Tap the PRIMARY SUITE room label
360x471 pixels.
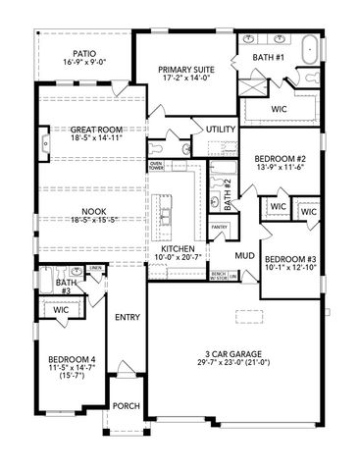[187, 70]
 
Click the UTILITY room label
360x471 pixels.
[220, 130]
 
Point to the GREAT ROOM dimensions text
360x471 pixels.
[82, 138]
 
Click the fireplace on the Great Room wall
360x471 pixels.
[45, 145]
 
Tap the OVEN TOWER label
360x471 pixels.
[156, 165]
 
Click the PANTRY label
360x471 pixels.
[220, 227]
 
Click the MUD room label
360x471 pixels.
[244, 256]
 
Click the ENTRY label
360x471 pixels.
[126, 317]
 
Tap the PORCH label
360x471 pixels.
[126, 405]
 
